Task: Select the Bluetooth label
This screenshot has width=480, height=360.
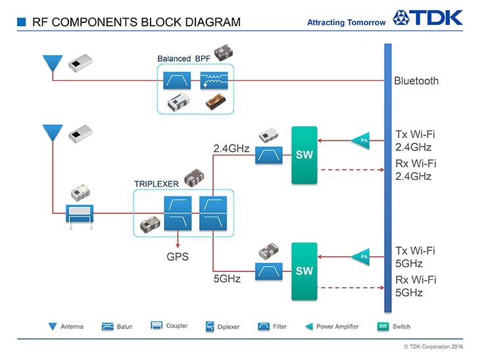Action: (x=416, y=81)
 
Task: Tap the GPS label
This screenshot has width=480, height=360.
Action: (x=177, y=256)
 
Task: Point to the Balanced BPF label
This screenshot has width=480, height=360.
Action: (x=183, y=58)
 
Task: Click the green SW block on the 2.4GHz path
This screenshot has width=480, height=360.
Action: (x=304, y=155)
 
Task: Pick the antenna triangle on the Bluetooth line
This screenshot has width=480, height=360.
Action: (x=51, y=63)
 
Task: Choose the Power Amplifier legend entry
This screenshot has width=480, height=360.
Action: (x=332, y=326)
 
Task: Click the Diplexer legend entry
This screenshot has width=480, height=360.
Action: (x=223, y=326)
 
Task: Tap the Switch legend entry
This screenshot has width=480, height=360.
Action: (x=395, y=326)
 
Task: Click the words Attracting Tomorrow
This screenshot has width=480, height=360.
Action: (x=347, y=22)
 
